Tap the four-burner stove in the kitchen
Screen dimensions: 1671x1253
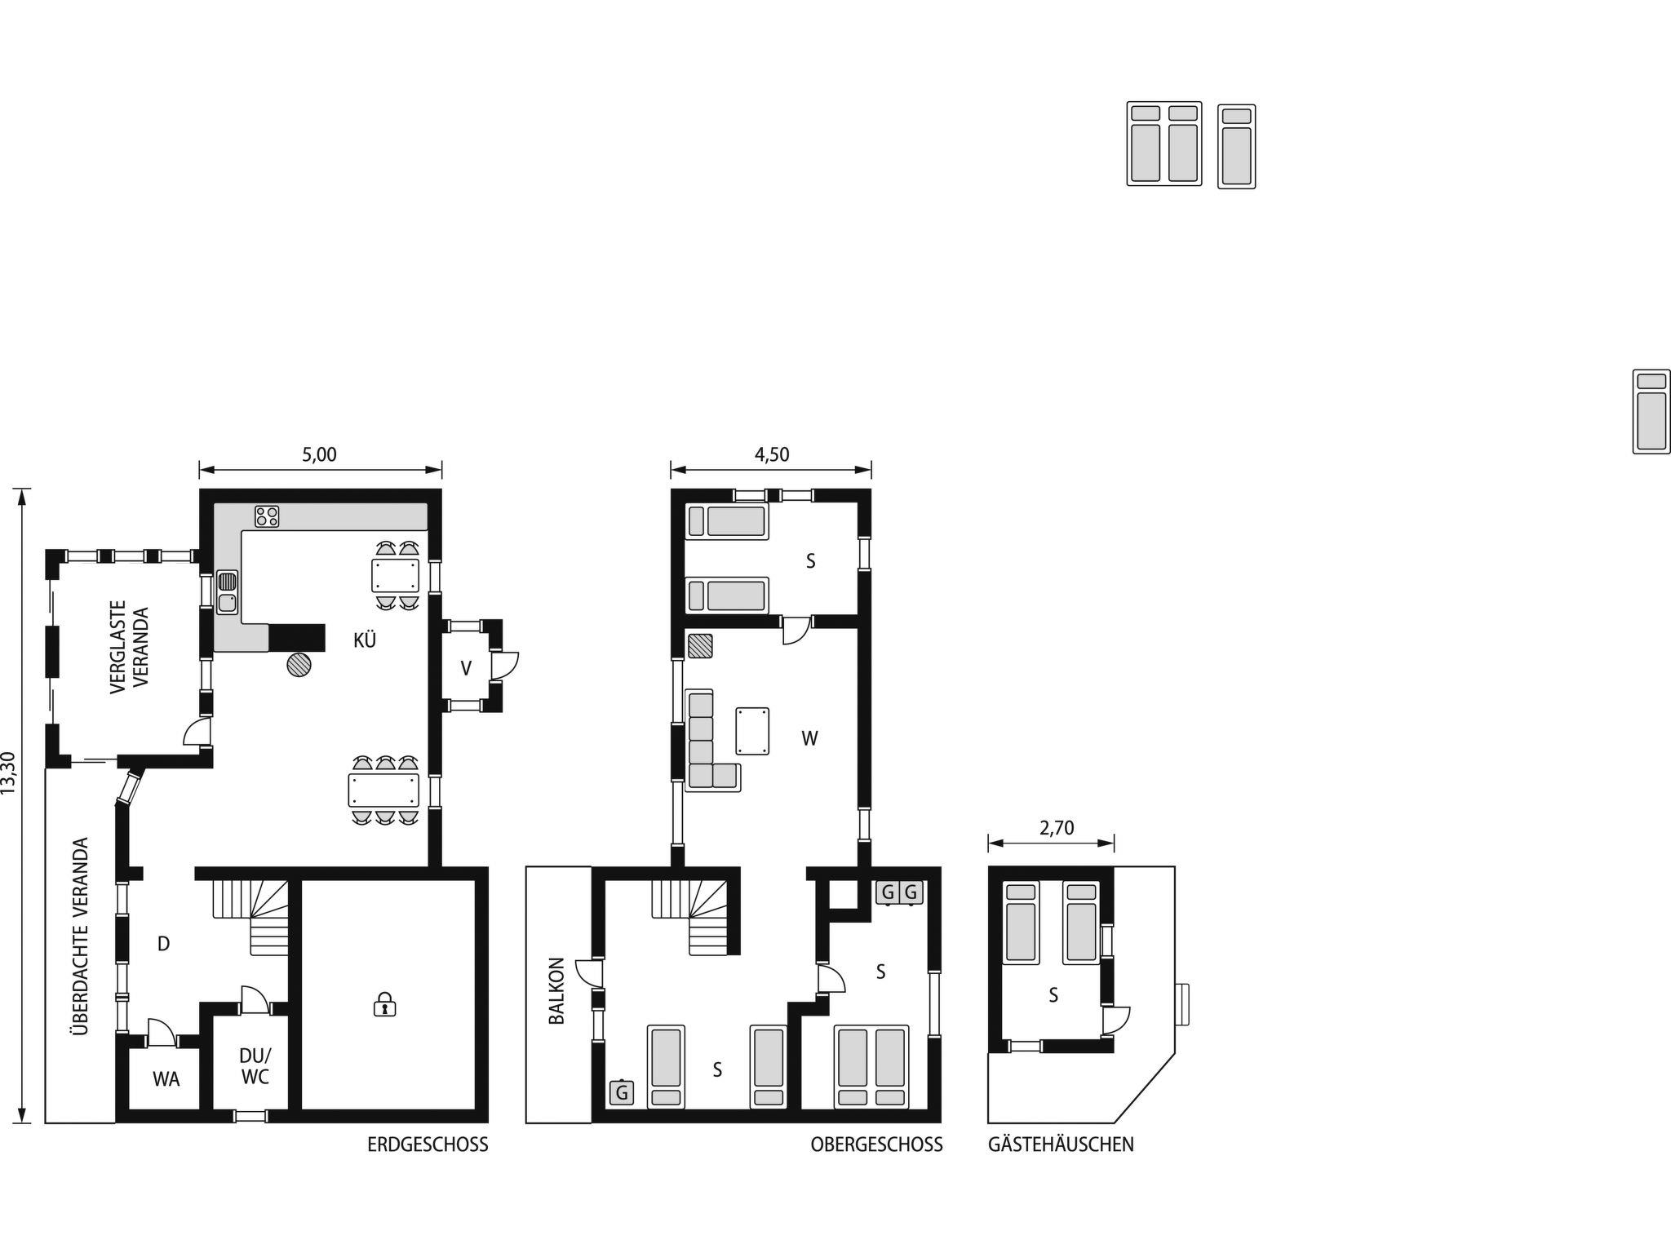coord(267,516)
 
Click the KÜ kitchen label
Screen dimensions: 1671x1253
coord(365,640)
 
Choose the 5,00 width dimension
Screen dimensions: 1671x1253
coord(320,455)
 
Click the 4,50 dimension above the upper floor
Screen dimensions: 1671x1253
coord(772,455)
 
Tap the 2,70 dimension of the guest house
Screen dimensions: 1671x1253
coord(1057,829)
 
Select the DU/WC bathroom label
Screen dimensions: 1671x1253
coord(255,1065)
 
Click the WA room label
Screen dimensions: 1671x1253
coord(166,1079)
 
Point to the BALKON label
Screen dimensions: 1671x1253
coord(557,990)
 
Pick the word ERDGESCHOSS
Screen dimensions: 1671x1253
coord(428,1145)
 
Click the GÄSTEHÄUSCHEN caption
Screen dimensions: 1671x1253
coord(1061,1144)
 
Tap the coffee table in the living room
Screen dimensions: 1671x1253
coord(752,731)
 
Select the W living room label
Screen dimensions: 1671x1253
coord(809,739)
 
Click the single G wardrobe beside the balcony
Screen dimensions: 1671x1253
coord(622,1092)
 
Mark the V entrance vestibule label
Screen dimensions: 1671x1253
coord(466,669)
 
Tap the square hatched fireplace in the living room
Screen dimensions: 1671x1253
coord(700,646)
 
